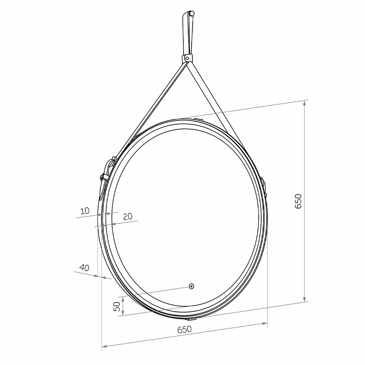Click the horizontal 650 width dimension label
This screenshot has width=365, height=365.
pyautogui.click(x=184, y=329)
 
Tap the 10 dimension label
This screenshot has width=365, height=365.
pyautogui.click(x=85, y=211)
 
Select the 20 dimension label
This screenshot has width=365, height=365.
pyautogui.click(x=127, y=216)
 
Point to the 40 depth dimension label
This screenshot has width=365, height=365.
pyautogui.click(x=84, y=268)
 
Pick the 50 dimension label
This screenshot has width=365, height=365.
pyautogui.click(x=117, y=307)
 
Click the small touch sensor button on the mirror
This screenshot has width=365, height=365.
pyautogui.click(x=191, y=286)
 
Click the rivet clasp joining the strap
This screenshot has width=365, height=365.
pyautogui.click(x=187, y=58)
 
